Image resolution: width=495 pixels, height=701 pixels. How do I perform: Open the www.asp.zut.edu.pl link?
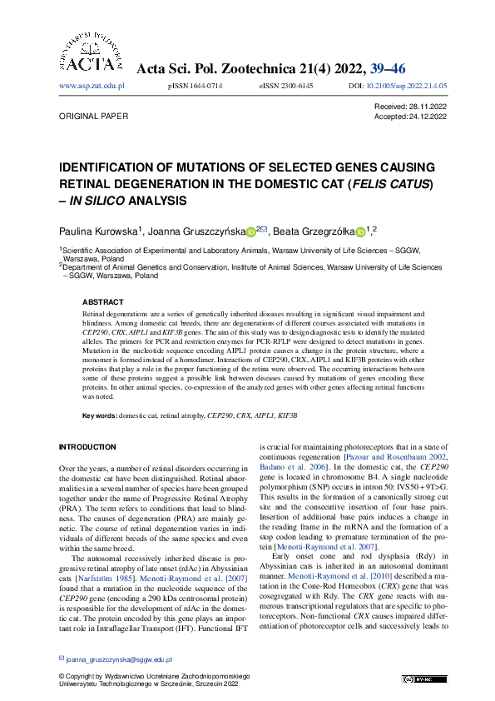tap(92, 86)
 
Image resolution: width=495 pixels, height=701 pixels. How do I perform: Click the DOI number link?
tap(408, 86)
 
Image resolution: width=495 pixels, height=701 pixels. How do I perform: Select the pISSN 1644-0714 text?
tap(195, 86)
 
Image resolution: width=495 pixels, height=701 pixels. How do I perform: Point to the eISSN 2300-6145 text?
tap(286, 86)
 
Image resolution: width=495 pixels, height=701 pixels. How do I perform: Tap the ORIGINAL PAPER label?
tap(93, 117)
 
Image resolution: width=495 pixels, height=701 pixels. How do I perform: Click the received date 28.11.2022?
tap(428, 107)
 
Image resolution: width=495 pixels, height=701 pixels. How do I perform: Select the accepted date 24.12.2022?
tap(428, 117)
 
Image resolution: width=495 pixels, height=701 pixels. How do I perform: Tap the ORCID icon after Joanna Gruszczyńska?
tap(251, 231)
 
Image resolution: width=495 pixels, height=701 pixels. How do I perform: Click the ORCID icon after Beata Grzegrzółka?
tap(360, 231)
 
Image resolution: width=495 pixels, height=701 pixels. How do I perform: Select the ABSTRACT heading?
tap(102, 302)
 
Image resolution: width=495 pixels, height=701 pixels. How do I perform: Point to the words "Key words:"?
tap(99, 415)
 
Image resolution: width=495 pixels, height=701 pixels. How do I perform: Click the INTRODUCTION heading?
tap(87, 447)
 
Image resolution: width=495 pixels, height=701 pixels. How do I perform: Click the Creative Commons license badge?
tap(413, 679)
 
